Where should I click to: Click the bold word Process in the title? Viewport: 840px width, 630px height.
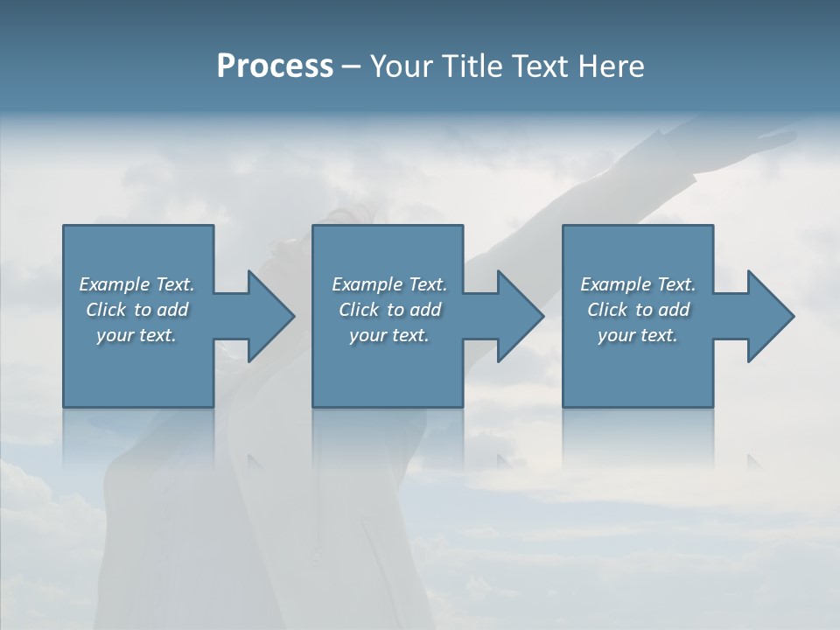(x=275, y=66)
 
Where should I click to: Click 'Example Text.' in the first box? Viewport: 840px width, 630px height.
(x=136, y=284)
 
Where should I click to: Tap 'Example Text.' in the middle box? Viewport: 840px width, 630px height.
(x=389, y=284)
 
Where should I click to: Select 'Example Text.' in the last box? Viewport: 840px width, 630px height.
(x=638, y=284)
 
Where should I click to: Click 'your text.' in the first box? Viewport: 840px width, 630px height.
(x=136, y=335)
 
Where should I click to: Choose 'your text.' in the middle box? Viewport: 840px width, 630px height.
(x=389, y=335)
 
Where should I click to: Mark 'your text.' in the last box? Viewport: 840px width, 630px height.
(x=638, y=335)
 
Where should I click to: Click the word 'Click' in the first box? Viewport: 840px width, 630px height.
(x=105, y=310)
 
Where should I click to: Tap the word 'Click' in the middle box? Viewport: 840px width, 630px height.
(x=358, y=310)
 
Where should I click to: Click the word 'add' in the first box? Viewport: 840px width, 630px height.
(x=173, y=310)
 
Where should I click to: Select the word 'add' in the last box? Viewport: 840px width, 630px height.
(x=675, y=310)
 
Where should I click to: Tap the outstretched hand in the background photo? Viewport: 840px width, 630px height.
(x=774, y=136)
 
